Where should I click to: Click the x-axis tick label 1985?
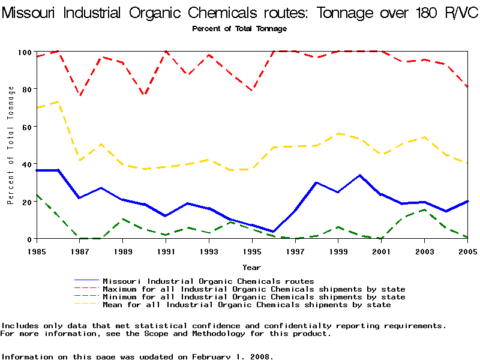(x=37, y=250)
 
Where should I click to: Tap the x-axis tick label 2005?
(x=467, y=250)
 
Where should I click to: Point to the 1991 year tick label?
(x=166, y=250)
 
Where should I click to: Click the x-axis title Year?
(x=251, y=267)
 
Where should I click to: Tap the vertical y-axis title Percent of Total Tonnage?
(x=11, y=145)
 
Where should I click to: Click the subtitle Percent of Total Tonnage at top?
(x=239, y=29)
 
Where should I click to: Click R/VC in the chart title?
(x=457, y=13)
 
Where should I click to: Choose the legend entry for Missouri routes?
(x=208, y=281)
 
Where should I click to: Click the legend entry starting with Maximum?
(x=254, y=289)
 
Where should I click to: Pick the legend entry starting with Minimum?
(x=254, y=297)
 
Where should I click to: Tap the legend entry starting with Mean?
(x=247, y=305)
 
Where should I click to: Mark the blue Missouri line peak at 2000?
(x=359, y=175)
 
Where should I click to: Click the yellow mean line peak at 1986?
(x=58, y=101)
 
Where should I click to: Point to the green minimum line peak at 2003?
(x=424, y=209)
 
